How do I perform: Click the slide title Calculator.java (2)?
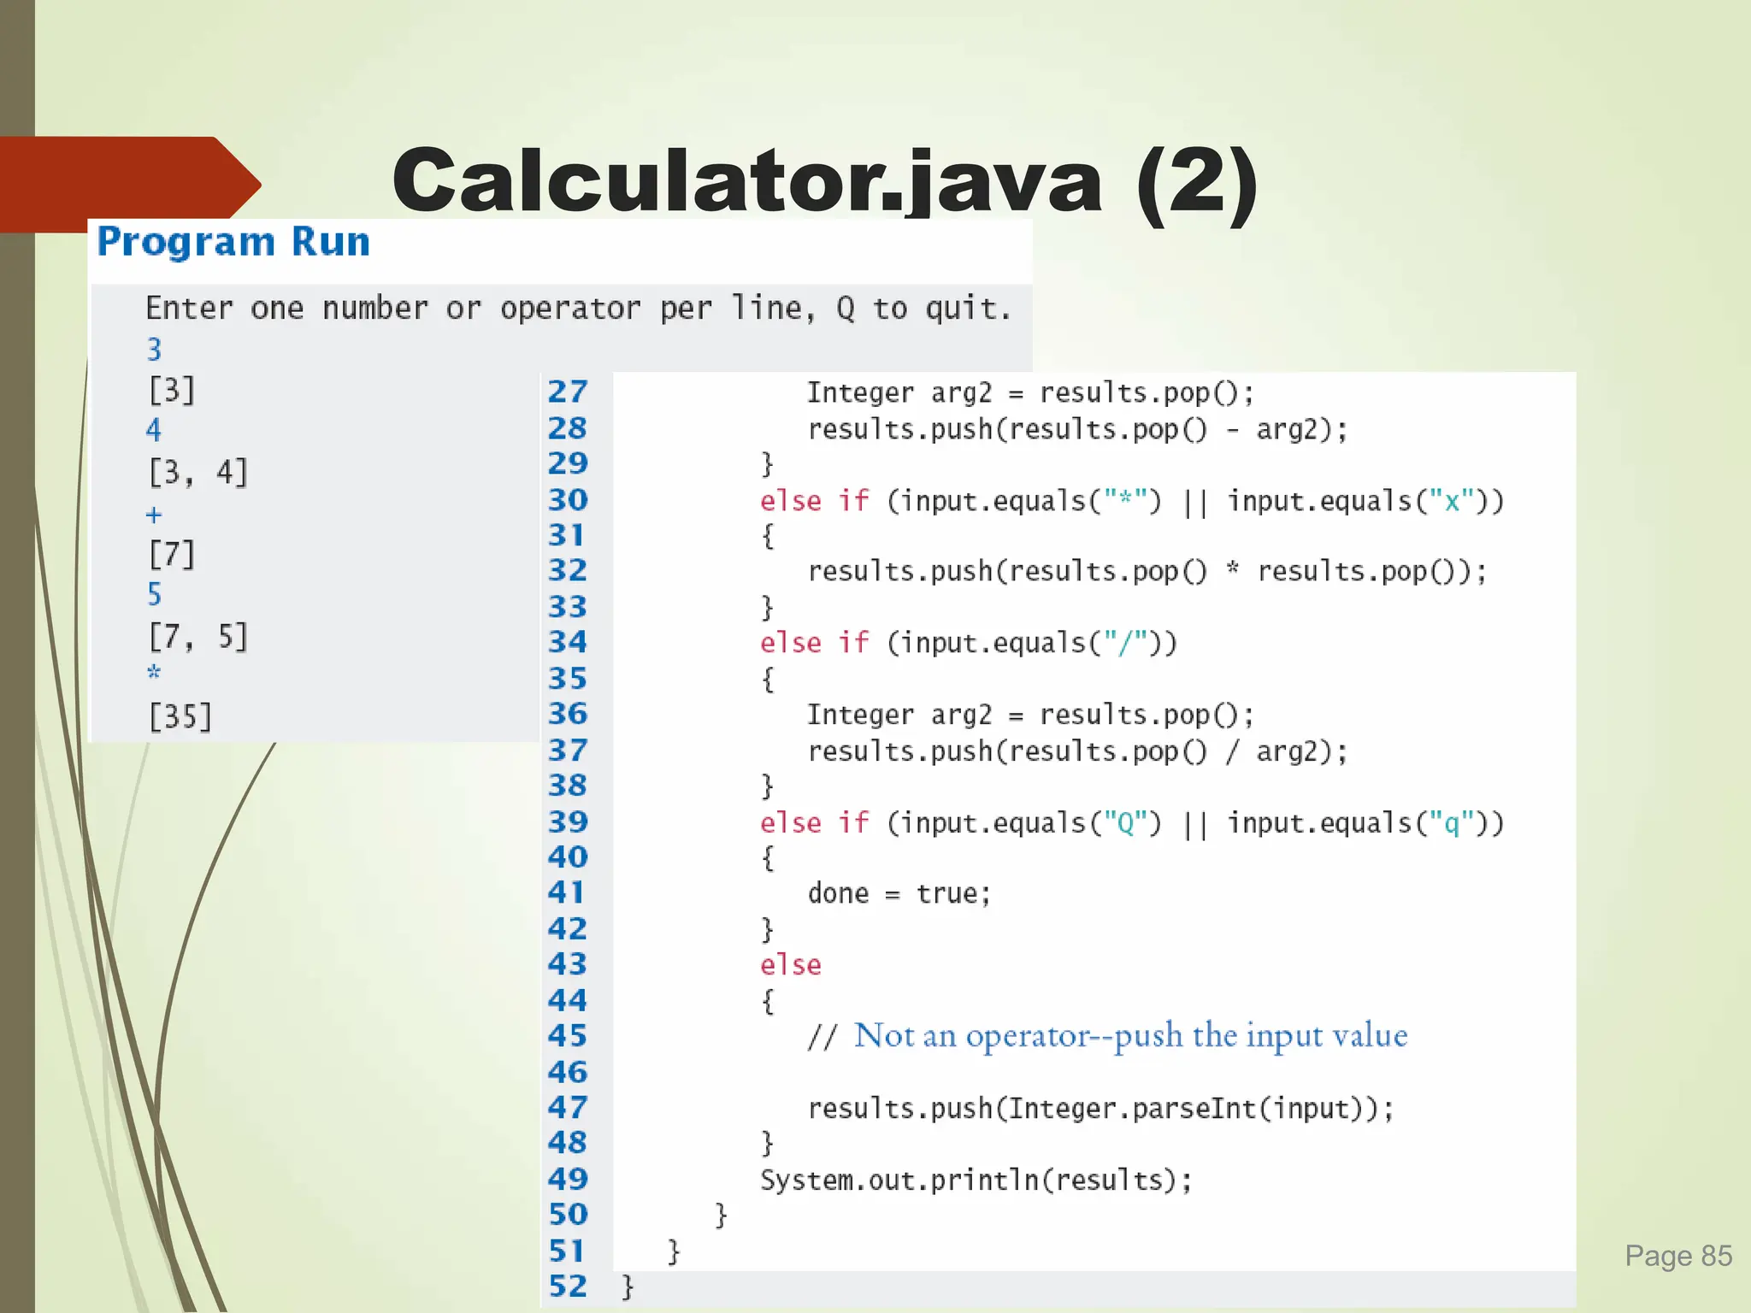tap(824, 181)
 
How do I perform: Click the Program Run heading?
tap(233, 242)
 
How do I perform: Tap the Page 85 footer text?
tap(1677, 1256)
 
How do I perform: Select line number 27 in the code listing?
tap(568, 392)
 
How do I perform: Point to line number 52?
tap(568, 1287)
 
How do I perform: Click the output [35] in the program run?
tap(180, 716)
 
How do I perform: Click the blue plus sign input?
tap(154, 515)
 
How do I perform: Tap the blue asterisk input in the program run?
tap(154, 672)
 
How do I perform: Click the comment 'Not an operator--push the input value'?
tap(1129, 1036)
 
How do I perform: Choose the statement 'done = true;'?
tap(899, 893)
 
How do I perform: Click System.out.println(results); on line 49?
tap(976, 1181)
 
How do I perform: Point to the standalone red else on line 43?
tap(790, 965)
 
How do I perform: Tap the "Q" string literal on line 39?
tap(1126, 823)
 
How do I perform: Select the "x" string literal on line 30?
tap(1452, 501)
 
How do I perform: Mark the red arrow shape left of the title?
tap(128, 183)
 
